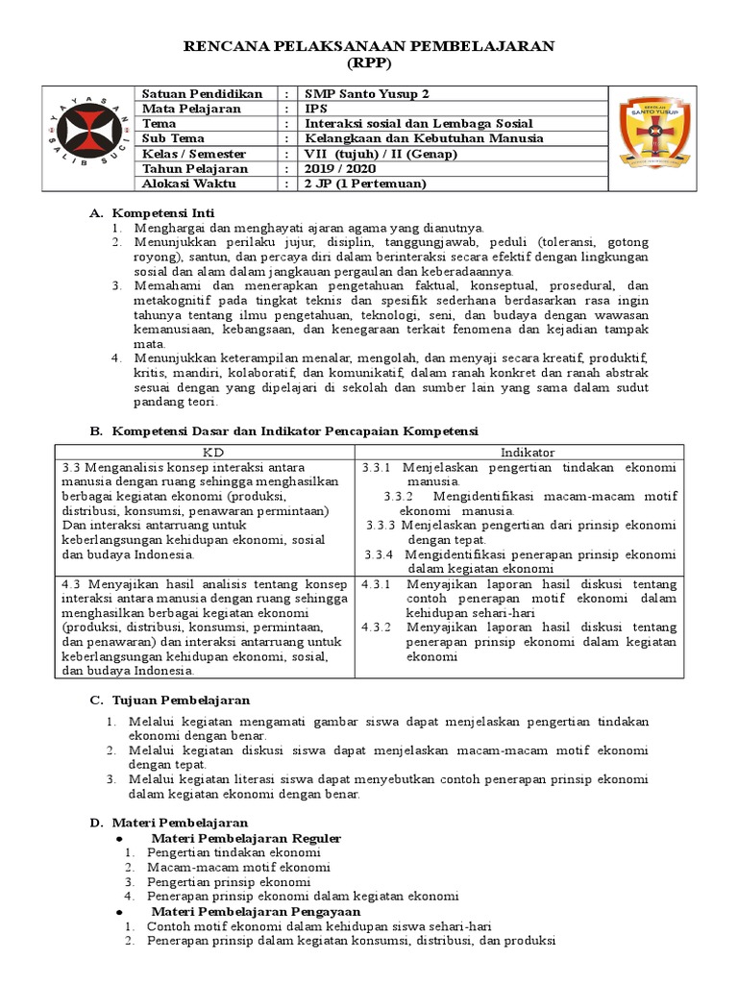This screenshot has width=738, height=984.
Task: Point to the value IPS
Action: coord(316,109)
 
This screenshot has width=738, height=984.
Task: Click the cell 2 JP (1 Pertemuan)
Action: coord(364,183)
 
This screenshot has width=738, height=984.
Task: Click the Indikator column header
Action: coord(527,452)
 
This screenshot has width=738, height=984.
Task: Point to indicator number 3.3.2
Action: coord(398,497)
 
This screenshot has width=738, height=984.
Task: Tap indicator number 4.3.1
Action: coord(377,584)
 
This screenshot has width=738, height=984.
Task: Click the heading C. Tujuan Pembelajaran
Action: coord(169,700)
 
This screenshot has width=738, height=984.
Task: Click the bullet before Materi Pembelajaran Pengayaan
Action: coord(118,911)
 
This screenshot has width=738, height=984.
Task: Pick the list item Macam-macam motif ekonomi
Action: coord(225,867)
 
